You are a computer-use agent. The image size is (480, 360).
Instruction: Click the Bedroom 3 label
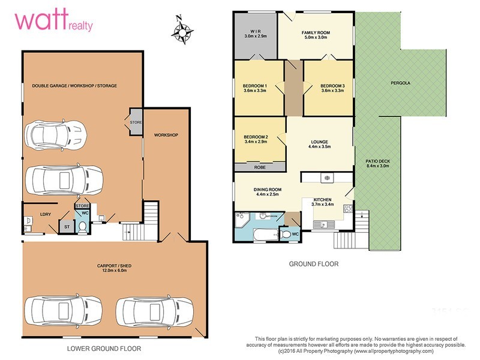pos(332,86)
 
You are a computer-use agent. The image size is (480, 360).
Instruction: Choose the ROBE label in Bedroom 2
pos(260,167)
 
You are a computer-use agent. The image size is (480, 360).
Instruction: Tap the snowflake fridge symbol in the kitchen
pos(326,178)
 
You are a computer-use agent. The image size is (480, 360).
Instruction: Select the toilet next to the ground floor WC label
pos(287,233)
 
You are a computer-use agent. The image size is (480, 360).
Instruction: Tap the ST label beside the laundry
pos(65,226)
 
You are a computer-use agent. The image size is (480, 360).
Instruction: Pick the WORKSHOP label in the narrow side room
pos(166,135)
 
